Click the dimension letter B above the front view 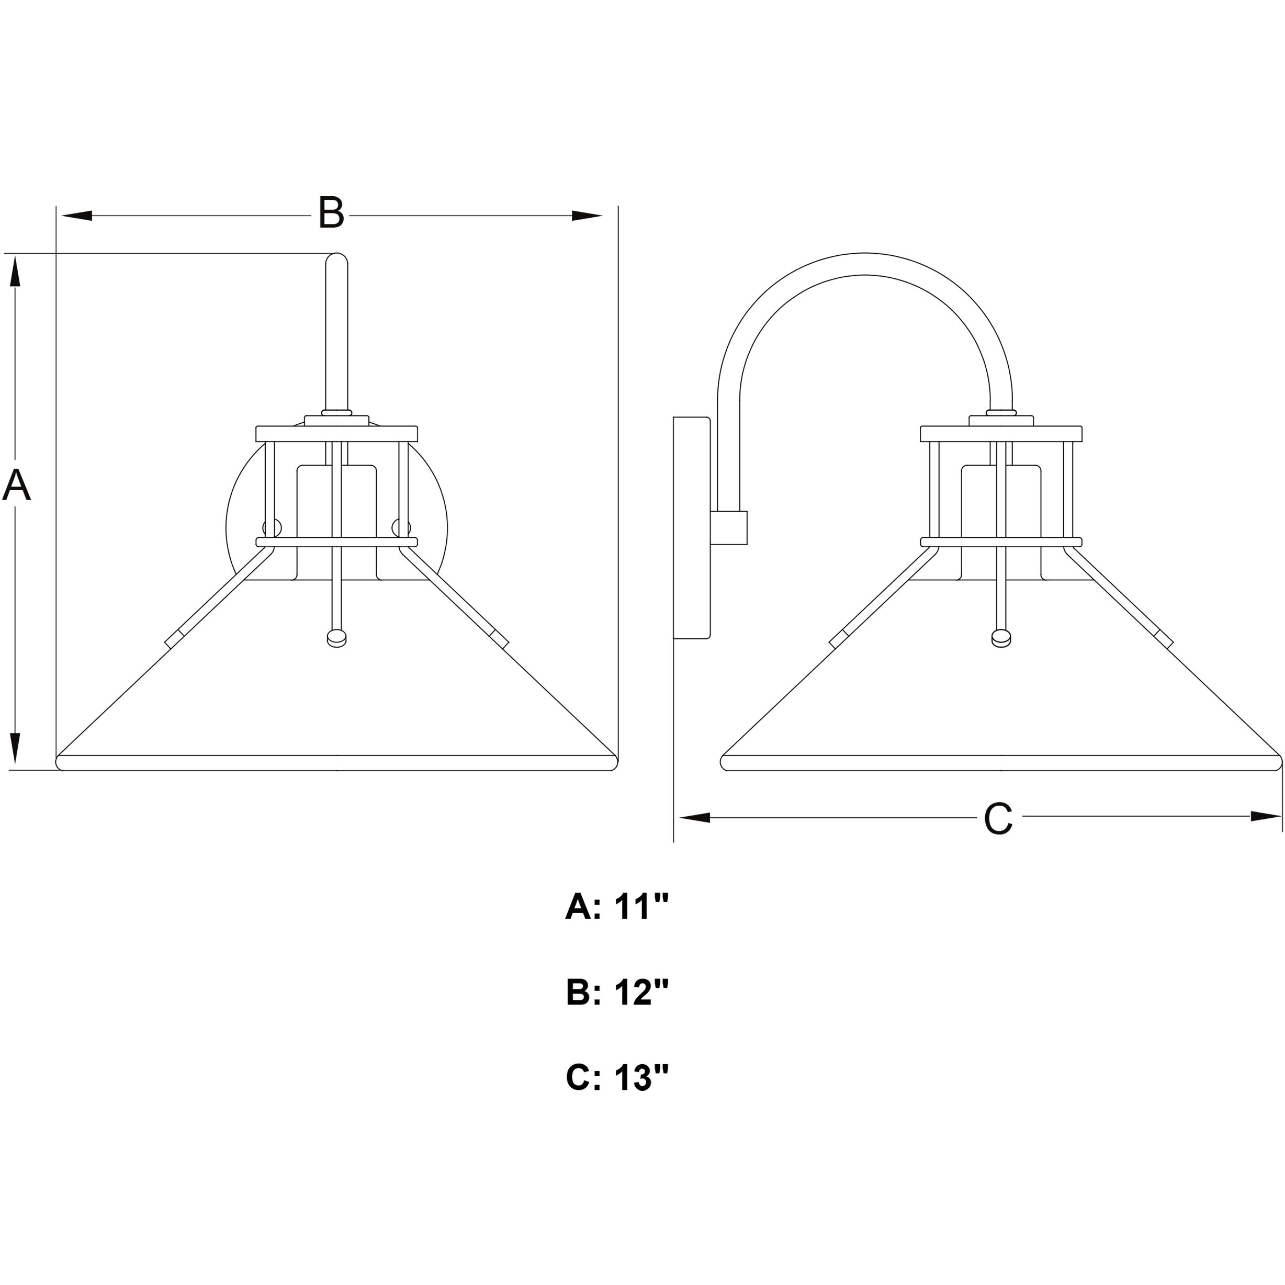click(331, 213)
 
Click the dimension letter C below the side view click(998, 819)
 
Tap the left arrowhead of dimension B click(76, 216)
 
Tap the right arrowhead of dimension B click(587, 216)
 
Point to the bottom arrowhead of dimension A click(15, 748)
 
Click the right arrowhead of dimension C click(1265, 817)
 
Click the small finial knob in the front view click(337, 638)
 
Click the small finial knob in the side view click(1001, 638)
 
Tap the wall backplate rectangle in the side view click(692, 527)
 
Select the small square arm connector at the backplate click(729, 527)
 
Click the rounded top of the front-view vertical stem click(336, 260)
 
